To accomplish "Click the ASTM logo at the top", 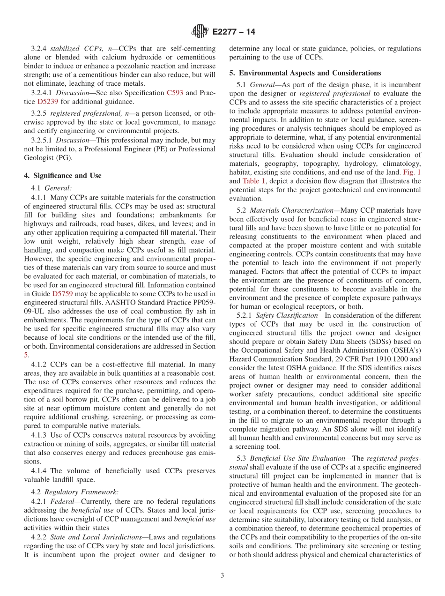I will coord(200,32).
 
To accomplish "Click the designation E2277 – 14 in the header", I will coord(234,32).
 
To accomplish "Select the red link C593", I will coord(175,92).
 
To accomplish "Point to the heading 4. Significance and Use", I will coord(62,176).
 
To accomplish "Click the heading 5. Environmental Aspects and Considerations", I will coord(305,73).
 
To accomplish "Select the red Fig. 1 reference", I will coord(411,172).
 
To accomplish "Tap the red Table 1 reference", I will coord(253,181).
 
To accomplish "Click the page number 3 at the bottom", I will coord(222,575).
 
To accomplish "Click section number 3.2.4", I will coord(39,48).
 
